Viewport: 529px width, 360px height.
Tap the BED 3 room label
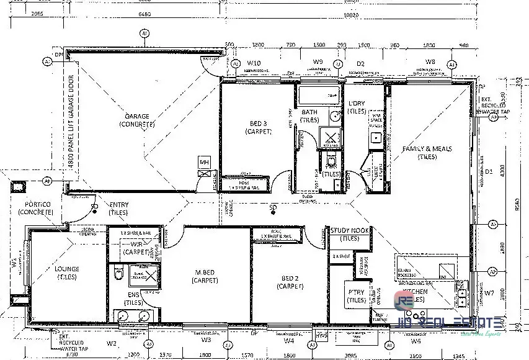[258, 127]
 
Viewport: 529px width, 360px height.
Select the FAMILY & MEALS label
[427, 153]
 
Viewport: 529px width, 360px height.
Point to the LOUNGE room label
[66, 273]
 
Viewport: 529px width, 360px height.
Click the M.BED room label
[205, 277]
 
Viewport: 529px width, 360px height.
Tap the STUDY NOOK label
[350, 233]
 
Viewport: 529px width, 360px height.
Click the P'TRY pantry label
[356, 295]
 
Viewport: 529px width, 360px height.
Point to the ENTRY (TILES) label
[119, 208]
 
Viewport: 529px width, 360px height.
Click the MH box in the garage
[204, 163]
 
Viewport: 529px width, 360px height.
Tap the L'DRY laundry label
[357, 107]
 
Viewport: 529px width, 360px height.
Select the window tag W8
[430, 62]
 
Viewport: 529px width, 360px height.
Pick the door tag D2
[360, 63]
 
